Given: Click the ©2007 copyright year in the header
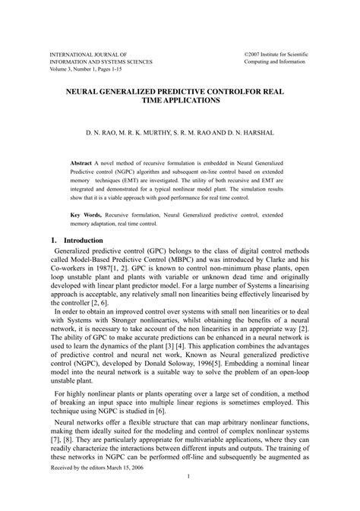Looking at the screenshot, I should pyautogui.click(x=257, y=56).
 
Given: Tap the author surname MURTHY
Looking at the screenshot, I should pyautogui.click(x=131, y=132).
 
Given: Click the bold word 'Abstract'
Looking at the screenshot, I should pyautogui.click(x=81, y=162).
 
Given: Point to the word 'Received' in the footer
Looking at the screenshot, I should pyautogui.click(x=64, y=488).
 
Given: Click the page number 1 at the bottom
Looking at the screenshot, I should pyautogui.click(x=187, y=498).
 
